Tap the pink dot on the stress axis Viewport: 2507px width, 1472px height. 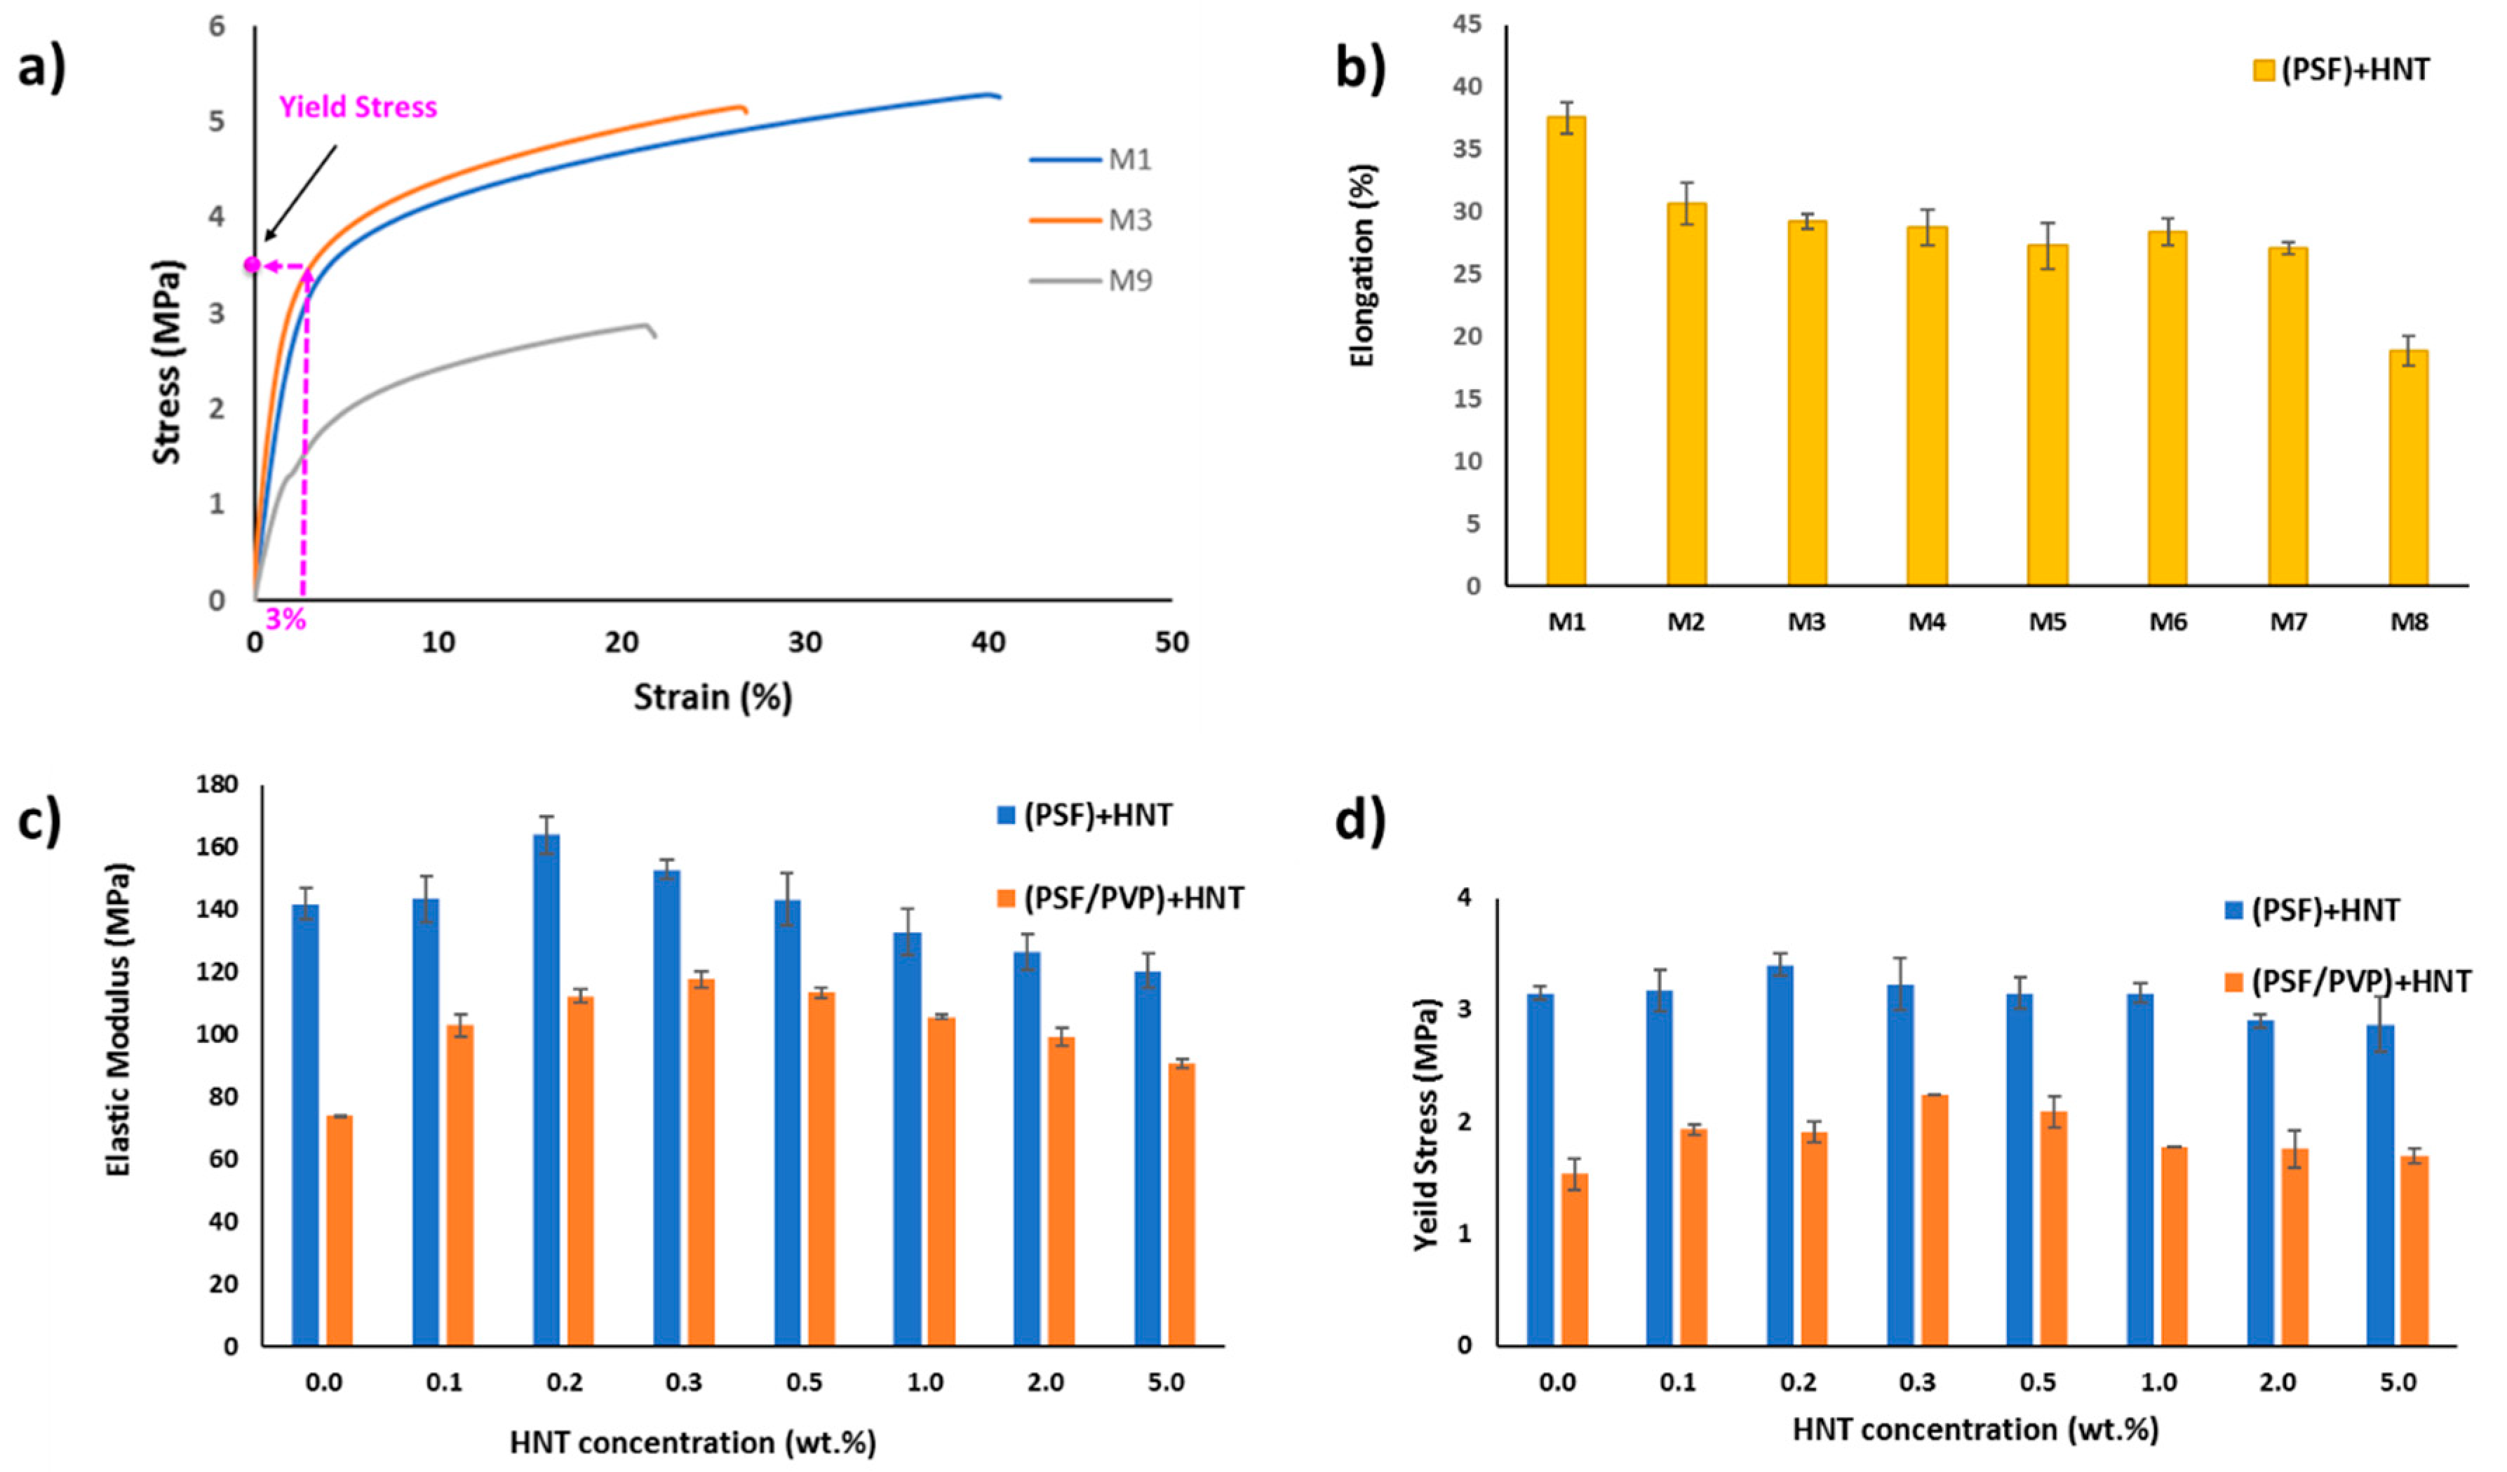coord(253,264)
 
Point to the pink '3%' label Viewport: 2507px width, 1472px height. coord(285,620)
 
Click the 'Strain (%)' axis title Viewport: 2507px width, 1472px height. coord(713,697)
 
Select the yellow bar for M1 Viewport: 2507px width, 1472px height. coord(1566,351)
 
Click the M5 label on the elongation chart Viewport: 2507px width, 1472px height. coord(2048,623)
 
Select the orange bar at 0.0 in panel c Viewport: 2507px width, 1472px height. coord(340,1231)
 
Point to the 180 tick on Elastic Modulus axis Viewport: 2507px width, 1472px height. coord(217,785)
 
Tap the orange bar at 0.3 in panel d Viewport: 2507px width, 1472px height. coord(1934,1220)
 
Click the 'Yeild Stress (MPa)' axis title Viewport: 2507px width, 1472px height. coord(1427,1125)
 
